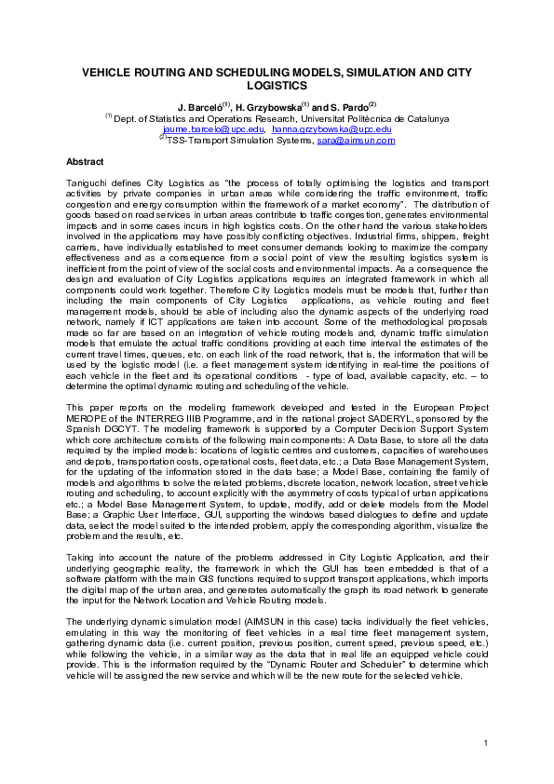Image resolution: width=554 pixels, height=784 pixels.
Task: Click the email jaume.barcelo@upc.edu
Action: (x=212, y=129)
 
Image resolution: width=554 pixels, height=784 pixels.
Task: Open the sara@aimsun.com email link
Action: (x=356, y=140)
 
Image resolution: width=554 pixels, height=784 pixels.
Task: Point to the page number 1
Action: (x=486, y=742)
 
